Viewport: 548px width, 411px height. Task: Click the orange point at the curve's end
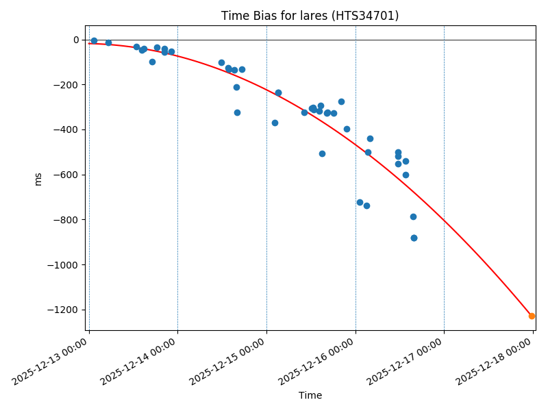pos(532,316)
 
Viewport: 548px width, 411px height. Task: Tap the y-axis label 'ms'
pos(38,179)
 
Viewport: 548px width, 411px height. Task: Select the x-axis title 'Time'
pos(310,395)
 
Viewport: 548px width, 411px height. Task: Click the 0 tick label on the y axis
pos(75,40)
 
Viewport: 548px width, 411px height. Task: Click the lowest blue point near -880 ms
pos(414,238)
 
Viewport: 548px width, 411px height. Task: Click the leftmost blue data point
pos(94,40)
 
